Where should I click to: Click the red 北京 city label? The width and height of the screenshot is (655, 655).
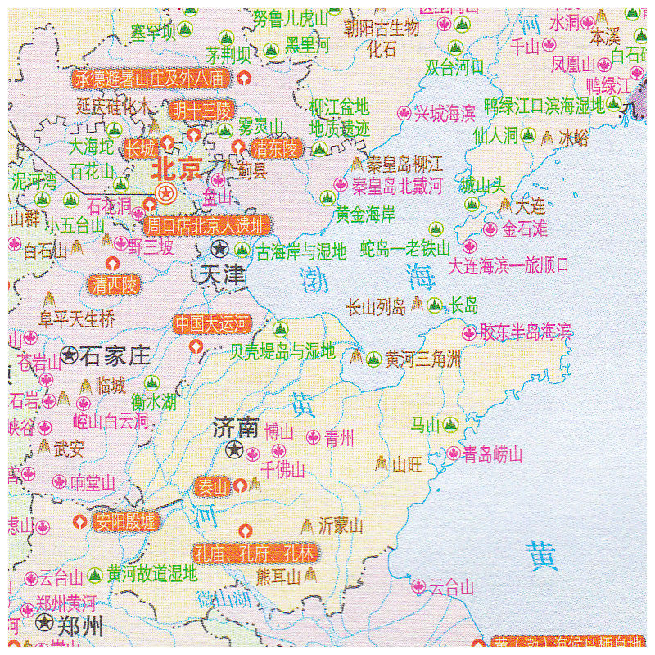click(177, 169)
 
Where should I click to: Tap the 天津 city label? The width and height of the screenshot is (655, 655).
click(221, 275)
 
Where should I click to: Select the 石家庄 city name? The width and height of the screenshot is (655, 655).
click(115, 355)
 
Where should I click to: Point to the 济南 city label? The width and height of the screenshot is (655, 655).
click(235, 427)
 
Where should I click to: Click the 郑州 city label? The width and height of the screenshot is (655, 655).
click(80, 627)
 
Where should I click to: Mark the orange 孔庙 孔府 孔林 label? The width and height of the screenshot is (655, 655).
click(255, 553)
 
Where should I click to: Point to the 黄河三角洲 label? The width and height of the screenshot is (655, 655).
click(423, 359)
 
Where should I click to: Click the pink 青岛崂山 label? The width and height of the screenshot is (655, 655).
click(492, 454)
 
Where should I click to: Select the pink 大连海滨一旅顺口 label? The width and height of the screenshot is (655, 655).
click(508, 266)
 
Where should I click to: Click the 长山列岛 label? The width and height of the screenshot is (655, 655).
click(376, 307)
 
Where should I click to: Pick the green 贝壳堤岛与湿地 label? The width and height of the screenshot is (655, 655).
click(282, 352)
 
